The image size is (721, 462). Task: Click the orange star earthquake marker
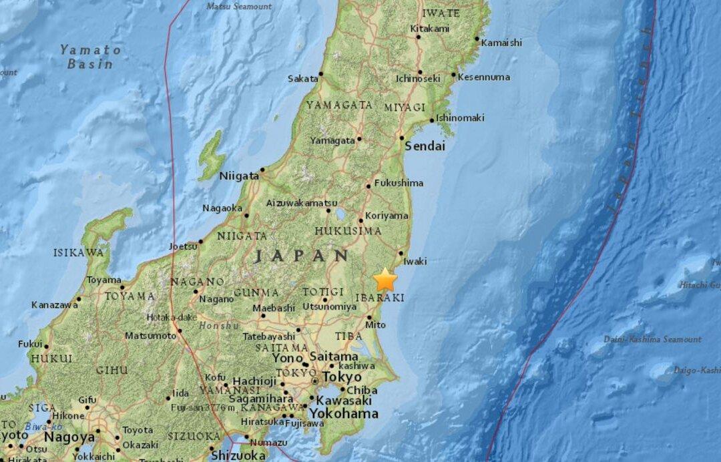tap(385, 279)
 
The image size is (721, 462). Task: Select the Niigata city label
tap(238, 176)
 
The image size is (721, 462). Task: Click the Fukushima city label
tap(399, 183)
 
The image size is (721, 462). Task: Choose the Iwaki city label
tap(415, 262)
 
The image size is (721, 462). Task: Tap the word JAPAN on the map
tap(302, 256)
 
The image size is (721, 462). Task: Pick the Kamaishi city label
tap(501, 43)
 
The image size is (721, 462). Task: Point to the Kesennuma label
tap(484, 77)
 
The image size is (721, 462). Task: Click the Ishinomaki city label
tap(461, 118)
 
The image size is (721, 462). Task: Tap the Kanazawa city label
tap(54, 305)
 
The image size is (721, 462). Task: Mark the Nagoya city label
tap(69, 437)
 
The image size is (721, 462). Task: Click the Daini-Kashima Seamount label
tap(652, 339)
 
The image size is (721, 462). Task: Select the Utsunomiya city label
tap(328, 306)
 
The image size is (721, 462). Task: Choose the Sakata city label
tap(302, 78)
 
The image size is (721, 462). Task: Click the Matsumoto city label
tap(150, 335)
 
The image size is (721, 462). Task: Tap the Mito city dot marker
tap(369, 317)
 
